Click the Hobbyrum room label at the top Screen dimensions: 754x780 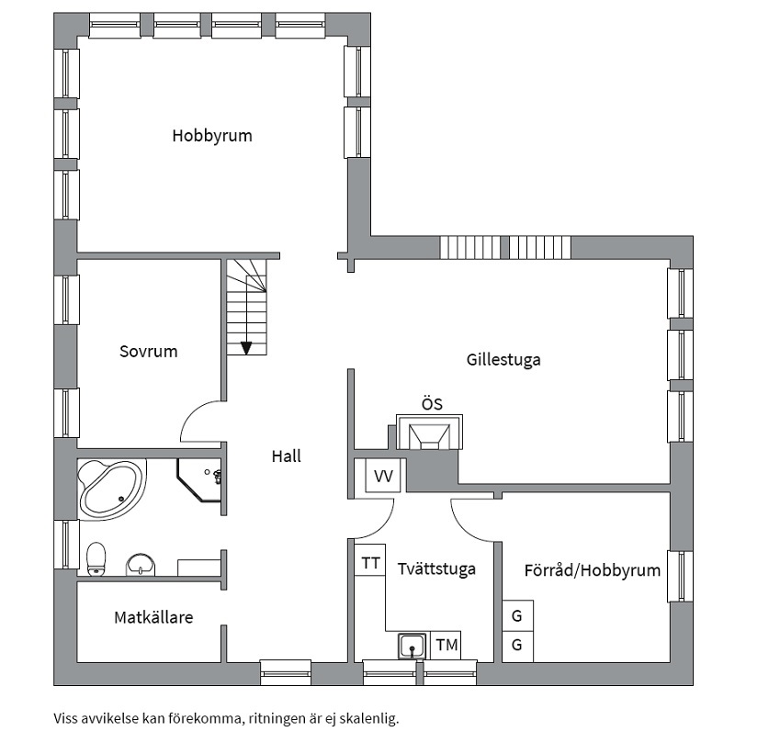click(x=211, y=136)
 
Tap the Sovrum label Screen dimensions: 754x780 click(x=148, y=351)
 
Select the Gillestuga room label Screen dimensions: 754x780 click(x=503, y=359)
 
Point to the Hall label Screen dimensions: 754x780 click(x=286, y=456)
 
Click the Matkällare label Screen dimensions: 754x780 click(x=153, y=617)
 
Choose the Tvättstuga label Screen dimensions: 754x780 click(x=436, y=568)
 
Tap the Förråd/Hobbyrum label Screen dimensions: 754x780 click(x=592, y=569)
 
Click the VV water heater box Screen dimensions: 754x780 click(x=383, y=476)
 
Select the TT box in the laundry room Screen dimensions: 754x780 click(x=370, y=563)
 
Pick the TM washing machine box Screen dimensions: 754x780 click(x=447, y=646)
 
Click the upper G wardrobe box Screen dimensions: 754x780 click(x=517, y=615)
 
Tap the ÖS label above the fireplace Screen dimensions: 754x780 click(x=432, y=403)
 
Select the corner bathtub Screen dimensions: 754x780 click(x=110, y=488)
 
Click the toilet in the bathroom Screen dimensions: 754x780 click(x=96, y=557)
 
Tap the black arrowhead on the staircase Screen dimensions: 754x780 click(x=246, y=347)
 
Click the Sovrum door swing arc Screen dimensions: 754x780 click(x=199, y=422)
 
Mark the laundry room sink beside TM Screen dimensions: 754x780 click(x=413, y=647)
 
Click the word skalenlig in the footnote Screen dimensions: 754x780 click(x=370, y=718)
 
